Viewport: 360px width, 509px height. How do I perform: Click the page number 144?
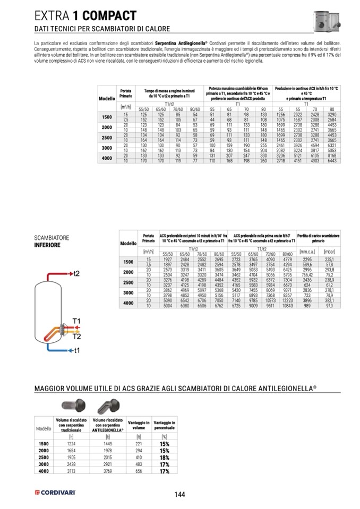click(179, 495)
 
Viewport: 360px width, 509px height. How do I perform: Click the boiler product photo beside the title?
click(329, 20)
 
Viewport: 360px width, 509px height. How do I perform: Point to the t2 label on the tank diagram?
click(76, 273)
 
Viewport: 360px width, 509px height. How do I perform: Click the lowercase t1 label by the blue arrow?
click(77, 350)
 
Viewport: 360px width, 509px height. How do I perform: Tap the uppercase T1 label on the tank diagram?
click(76, 321)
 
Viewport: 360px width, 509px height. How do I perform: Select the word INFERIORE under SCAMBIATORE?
click(47, 245)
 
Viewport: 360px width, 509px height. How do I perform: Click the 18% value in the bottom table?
click(165, 457)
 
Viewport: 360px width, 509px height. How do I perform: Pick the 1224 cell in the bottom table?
click(72, 444)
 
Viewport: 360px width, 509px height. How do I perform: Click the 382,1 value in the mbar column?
click(329, 301)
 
